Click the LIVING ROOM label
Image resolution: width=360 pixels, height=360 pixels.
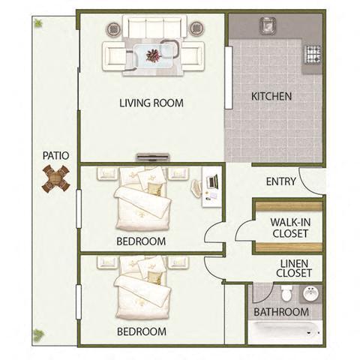tap(151, 103)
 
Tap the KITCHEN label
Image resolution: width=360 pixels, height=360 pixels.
tap(271, 96)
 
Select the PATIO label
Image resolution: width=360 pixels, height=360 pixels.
tap(55, 155)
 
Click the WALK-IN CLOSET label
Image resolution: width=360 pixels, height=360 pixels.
tap(289, 227)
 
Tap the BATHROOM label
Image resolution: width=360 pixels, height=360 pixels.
tap(280, 312)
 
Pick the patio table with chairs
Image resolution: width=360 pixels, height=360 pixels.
tap(55, 178)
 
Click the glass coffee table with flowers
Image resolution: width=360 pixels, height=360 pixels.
tap(153, 55)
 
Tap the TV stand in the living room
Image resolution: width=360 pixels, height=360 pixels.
tap(153, 157)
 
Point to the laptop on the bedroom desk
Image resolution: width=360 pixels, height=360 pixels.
tap(211, 182)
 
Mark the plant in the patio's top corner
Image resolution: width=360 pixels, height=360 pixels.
tap(37, 23)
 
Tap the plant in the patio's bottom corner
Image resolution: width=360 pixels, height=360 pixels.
tap(37, 335)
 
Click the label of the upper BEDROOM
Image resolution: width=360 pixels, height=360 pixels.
tap(140, 241)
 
